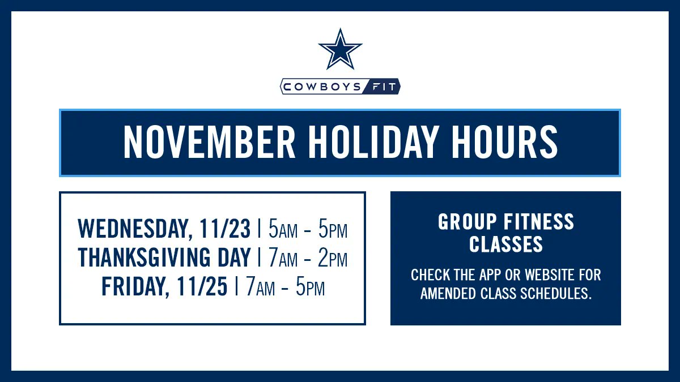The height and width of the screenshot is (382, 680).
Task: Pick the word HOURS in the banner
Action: [x=503, y=143]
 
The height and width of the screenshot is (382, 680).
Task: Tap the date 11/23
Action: [x=225, y=229]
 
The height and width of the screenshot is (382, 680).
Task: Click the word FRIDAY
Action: [x=134, y=287]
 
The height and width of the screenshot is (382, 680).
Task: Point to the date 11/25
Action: [x=202, y=287]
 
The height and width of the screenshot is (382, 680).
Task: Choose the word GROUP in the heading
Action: [x=467, y=222]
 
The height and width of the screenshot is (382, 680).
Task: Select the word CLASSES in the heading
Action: [x=506, y=244]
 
